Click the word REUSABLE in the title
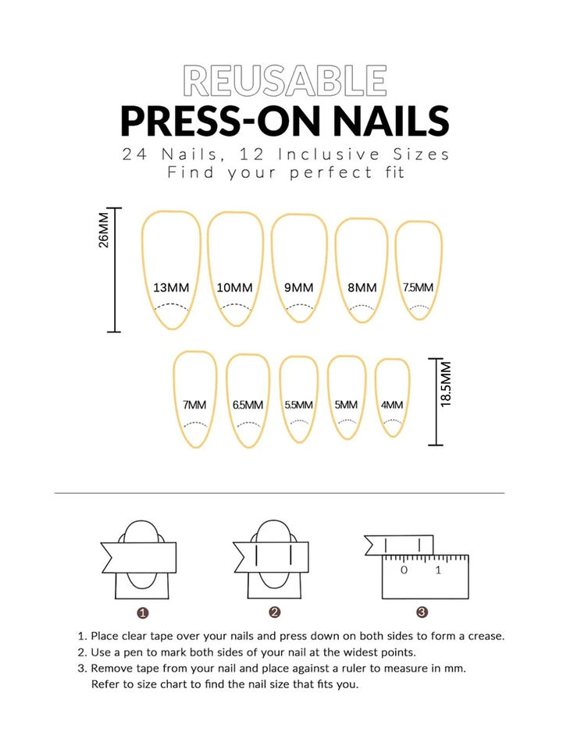(x=285, y=80)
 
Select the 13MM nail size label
(x=171, y=288)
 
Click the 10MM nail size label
(x=235, y=288)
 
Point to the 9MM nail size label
(x=299, y=288)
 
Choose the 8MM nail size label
(x=362, y=288)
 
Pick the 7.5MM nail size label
(x=419, y=287)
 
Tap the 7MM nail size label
(x=194, y=405)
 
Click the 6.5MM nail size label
(x=248, y=405)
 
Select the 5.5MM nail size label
(x=299, y=405)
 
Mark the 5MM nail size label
(x=346, y=405)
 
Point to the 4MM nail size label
(x=392, y=405)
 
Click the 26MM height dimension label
(x=103, y=230)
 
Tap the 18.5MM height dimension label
(x=446, y=384)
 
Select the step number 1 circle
(x=142, y=613)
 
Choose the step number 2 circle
(x=274, y=612)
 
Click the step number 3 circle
(x=422, y=612)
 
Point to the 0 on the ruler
(x=404, y=570)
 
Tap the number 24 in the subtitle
(x=134, y=154)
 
